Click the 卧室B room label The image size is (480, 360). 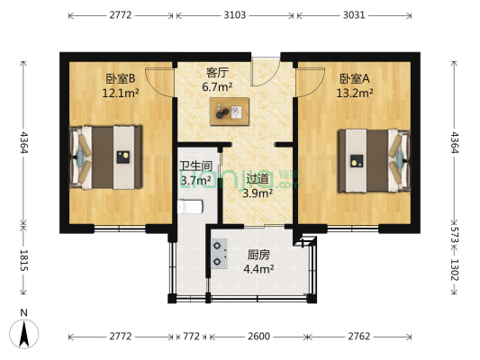point(118,78)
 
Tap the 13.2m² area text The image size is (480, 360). point(354,92)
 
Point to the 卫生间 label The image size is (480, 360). point(195,166)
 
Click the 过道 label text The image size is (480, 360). point(258,178)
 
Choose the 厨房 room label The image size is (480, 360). point(259,254)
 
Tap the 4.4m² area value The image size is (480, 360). point(259,267)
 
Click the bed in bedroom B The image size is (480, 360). point(107,155)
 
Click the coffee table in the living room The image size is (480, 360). point(227,113)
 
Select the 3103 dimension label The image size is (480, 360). point(236,15)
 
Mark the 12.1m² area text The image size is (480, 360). point(118,92)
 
